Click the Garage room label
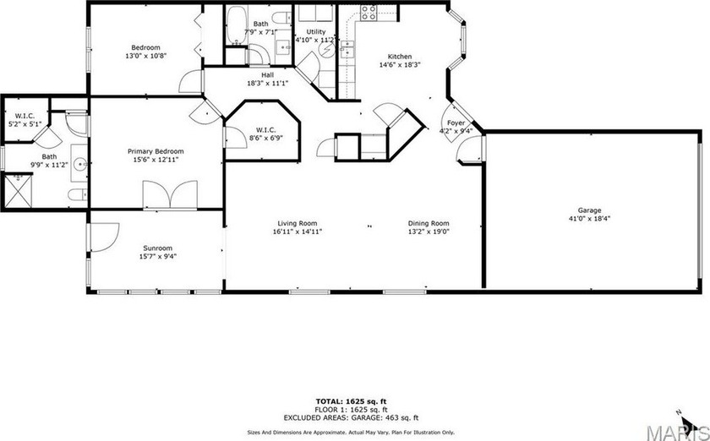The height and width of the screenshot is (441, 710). coord(589,210)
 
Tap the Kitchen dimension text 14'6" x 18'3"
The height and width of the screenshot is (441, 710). coord(400,65)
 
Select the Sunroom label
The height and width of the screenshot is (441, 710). coord(157,248)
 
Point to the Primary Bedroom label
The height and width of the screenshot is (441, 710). coord(156,151)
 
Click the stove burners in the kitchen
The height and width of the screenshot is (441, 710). coord(369,12)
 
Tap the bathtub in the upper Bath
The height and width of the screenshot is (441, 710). coord(236,25)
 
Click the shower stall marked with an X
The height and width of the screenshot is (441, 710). coord(18,191)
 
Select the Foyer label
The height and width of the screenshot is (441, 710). coord(456,123)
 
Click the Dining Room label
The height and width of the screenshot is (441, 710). coord(429,223)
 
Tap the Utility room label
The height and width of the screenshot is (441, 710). coord(315,32)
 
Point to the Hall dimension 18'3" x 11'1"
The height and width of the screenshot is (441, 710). coord(268,84)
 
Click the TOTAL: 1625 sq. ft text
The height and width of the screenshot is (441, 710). coord(351,401)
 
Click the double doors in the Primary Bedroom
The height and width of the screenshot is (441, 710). coord(170,194)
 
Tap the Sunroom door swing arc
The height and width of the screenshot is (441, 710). coord(106,237)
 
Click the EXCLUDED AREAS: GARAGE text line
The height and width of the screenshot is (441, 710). coord(351,418)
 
